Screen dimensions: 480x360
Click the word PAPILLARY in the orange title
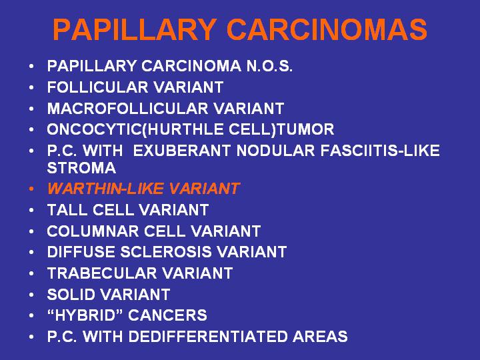point(135,29)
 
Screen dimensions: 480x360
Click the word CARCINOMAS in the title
point(327,29)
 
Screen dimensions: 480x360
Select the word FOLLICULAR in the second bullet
point(97,87)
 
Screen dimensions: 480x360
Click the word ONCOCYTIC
point(95,129)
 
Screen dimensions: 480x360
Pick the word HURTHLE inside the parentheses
point(185,129)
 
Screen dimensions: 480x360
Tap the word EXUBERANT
point(181,151)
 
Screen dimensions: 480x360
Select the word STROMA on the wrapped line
point(81,168)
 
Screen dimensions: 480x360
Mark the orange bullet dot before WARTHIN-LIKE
point(31,189)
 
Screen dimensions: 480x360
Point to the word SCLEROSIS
point(165,252)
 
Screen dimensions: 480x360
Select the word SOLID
point(71,295)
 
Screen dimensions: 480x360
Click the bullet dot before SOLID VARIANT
point(31,295)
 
